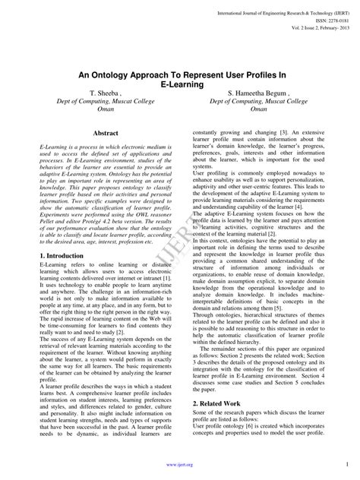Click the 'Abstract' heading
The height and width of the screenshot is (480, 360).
(105, 132)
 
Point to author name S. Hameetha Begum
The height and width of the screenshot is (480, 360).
(256, 92)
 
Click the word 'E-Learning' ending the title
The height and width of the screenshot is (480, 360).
(180, 84)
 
